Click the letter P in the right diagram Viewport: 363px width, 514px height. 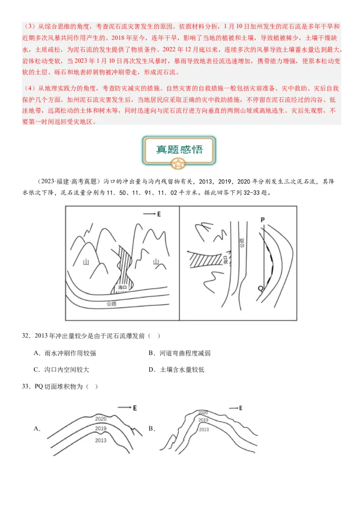262,219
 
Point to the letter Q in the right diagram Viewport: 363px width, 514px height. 260,288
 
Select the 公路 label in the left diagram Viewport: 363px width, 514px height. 111,304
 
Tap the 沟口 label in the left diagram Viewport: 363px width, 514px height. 121,288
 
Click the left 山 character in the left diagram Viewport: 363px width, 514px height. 86,262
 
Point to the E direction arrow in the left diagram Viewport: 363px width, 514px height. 152,213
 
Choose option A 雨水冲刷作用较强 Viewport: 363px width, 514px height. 65,353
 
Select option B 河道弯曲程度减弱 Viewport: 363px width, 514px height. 180,353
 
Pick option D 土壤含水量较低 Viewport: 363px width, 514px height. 177,369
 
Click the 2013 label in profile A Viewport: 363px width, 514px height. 101,440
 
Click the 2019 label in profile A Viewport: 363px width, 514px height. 101,428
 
